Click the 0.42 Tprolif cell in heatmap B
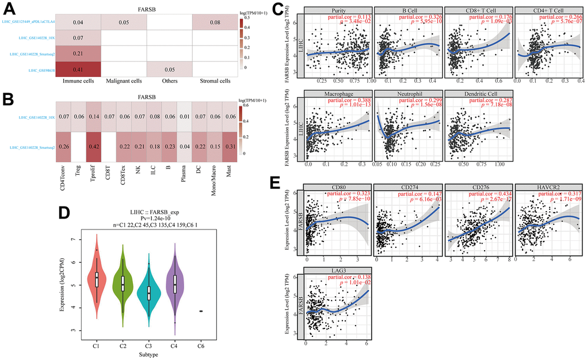(x=91, y=146)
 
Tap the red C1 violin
(x=97, y=281)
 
